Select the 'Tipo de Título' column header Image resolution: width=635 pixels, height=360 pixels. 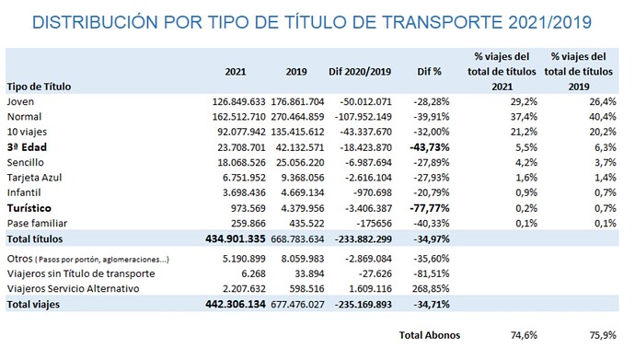(x=39, y=86)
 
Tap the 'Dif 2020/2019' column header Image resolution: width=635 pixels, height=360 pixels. (x=361, y=71)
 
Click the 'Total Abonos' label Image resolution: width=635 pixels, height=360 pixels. (x=428, y=335)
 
